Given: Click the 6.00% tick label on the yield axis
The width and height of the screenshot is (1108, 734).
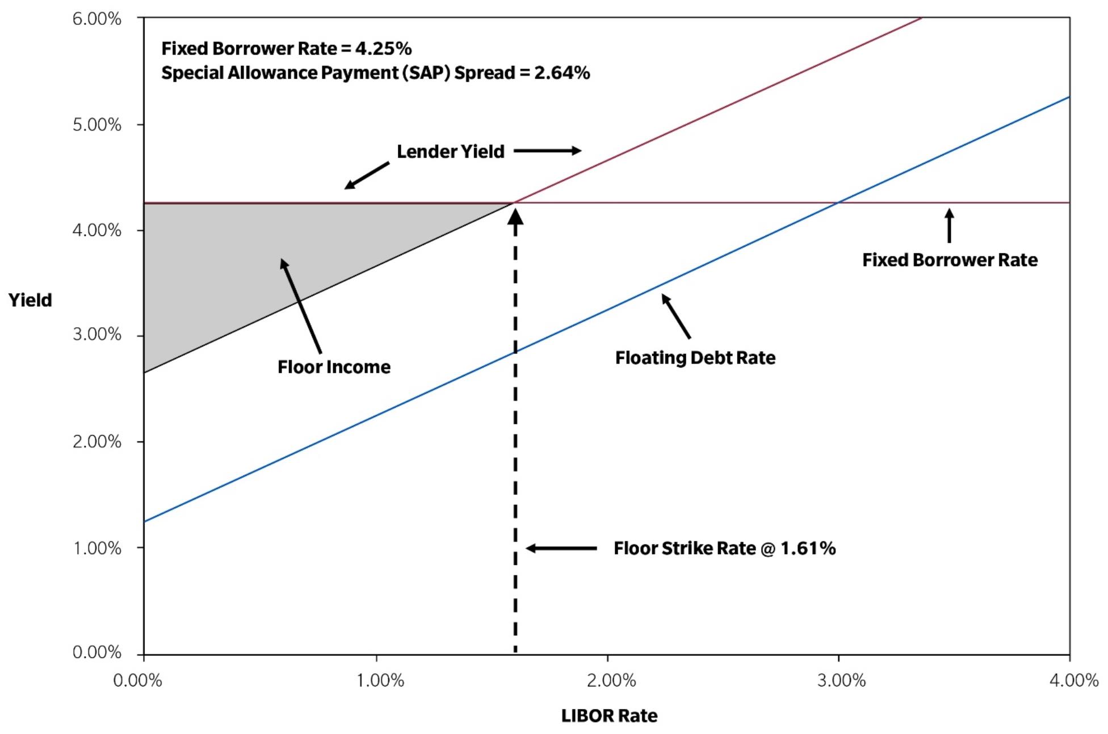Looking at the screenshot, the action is click(x=96, y=19).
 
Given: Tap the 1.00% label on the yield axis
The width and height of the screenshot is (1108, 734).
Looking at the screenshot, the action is click(x=96, y=548).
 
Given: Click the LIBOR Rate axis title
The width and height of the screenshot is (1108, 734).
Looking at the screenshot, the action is click(x=609, y=716).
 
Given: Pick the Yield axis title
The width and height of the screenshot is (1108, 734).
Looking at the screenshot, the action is click(x=30, y=299).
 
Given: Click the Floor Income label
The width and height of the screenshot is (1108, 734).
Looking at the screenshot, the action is click(x=334, y=367).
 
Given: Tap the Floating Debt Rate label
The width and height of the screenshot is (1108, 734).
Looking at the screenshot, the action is click(x=695, y=358).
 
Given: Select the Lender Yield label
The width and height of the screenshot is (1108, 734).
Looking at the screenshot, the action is click(x=450, y=151).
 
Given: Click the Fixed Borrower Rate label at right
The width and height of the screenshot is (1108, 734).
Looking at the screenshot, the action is click(x=950, y=260).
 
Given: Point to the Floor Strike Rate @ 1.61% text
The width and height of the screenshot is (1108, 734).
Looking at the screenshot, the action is click(x=724, y=549).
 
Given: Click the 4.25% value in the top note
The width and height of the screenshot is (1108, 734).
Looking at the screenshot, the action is click(x=383, y=49).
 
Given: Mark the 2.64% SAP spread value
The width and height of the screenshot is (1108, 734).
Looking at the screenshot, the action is click(x=562, y=73).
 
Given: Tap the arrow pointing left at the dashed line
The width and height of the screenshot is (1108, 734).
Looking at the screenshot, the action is click(x=561, y=548).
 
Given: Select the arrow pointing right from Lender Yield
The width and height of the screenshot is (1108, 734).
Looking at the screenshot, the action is click(x=548, y=151).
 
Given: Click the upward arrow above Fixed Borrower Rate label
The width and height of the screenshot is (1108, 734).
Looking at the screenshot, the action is click(x=949, y=226).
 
